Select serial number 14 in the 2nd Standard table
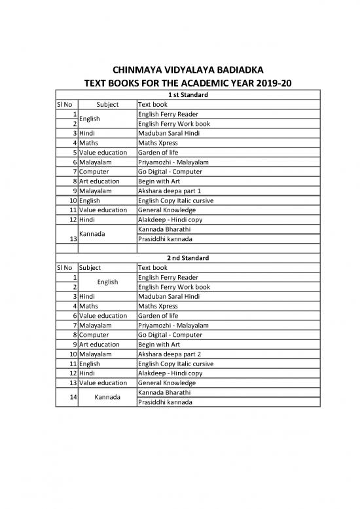[69, 397]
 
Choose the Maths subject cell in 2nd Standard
[88, 306]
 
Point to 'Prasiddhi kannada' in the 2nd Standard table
[165, 402]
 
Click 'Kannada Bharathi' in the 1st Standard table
[164, 229]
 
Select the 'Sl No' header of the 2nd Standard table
[65, 267]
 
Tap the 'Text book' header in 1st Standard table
[153, 104]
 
